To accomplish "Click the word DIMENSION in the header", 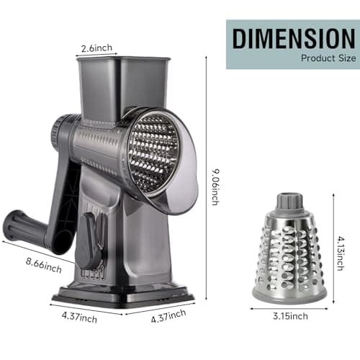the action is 294,39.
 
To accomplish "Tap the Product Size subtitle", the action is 328,58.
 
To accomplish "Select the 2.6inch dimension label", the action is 96,48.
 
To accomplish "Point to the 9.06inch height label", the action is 215,187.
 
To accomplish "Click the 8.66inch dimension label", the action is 44,266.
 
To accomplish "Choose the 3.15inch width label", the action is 290,316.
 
